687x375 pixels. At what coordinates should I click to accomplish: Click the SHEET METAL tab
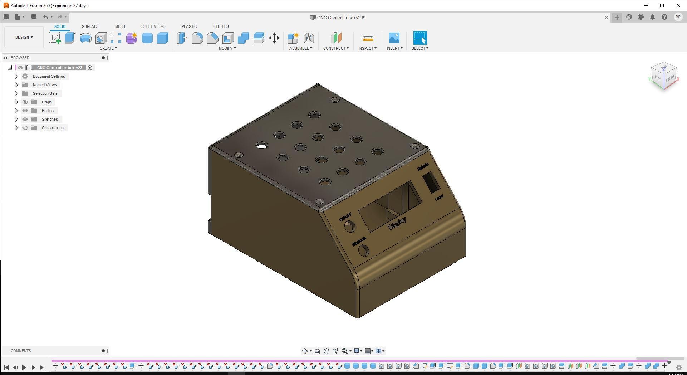(153, 26)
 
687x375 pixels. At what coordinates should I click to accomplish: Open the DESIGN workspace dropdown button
(24, 37)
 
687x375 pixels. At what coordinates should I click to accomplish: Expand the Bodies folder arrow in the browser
(16, 111)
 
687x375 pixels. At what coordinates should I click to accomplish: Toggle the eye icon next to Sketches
(25, 119)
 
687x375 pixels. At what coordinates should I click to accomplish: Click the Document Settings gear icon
(25, 76)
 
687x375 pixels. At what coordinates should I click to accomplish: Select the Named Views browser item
(45, 85)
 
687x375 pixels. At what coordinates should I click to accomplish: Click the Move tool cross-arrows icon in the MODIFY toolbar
(274, 38)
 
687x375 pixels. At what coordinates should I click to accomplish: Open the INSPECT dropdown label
(367, 48)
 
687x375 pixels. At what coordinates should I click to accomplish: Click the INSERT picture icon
(394, 38)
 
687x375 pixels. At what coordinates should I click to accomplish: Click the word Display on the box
(397, 223)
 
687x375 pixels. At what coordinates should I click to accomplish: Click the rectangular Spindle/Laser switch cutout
(431, 182)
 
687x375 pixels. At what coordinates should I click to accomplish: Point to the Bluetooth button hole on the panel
(363, 250)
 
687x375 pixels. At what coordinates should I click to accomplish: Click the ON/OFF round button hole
(349, 226)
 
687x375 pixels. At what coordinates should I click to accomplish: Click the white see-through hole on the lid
(262, 146)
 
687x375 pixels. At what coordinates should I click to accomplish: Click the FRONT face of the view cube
(670, 78)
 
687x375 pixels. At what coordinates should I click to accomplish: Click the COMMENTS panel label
(21, 351)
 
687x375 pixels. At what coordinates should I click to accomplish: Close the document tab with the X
(607, 18)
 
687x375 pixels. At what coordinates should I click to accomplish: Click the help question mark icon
(664, 17)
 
